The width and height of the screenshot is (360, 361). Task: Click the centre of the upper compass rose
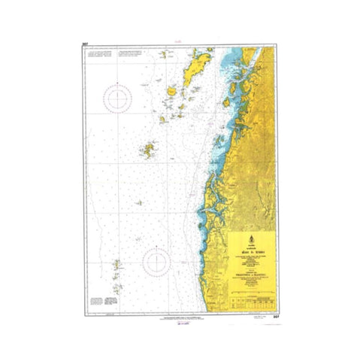click(120, 98)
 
